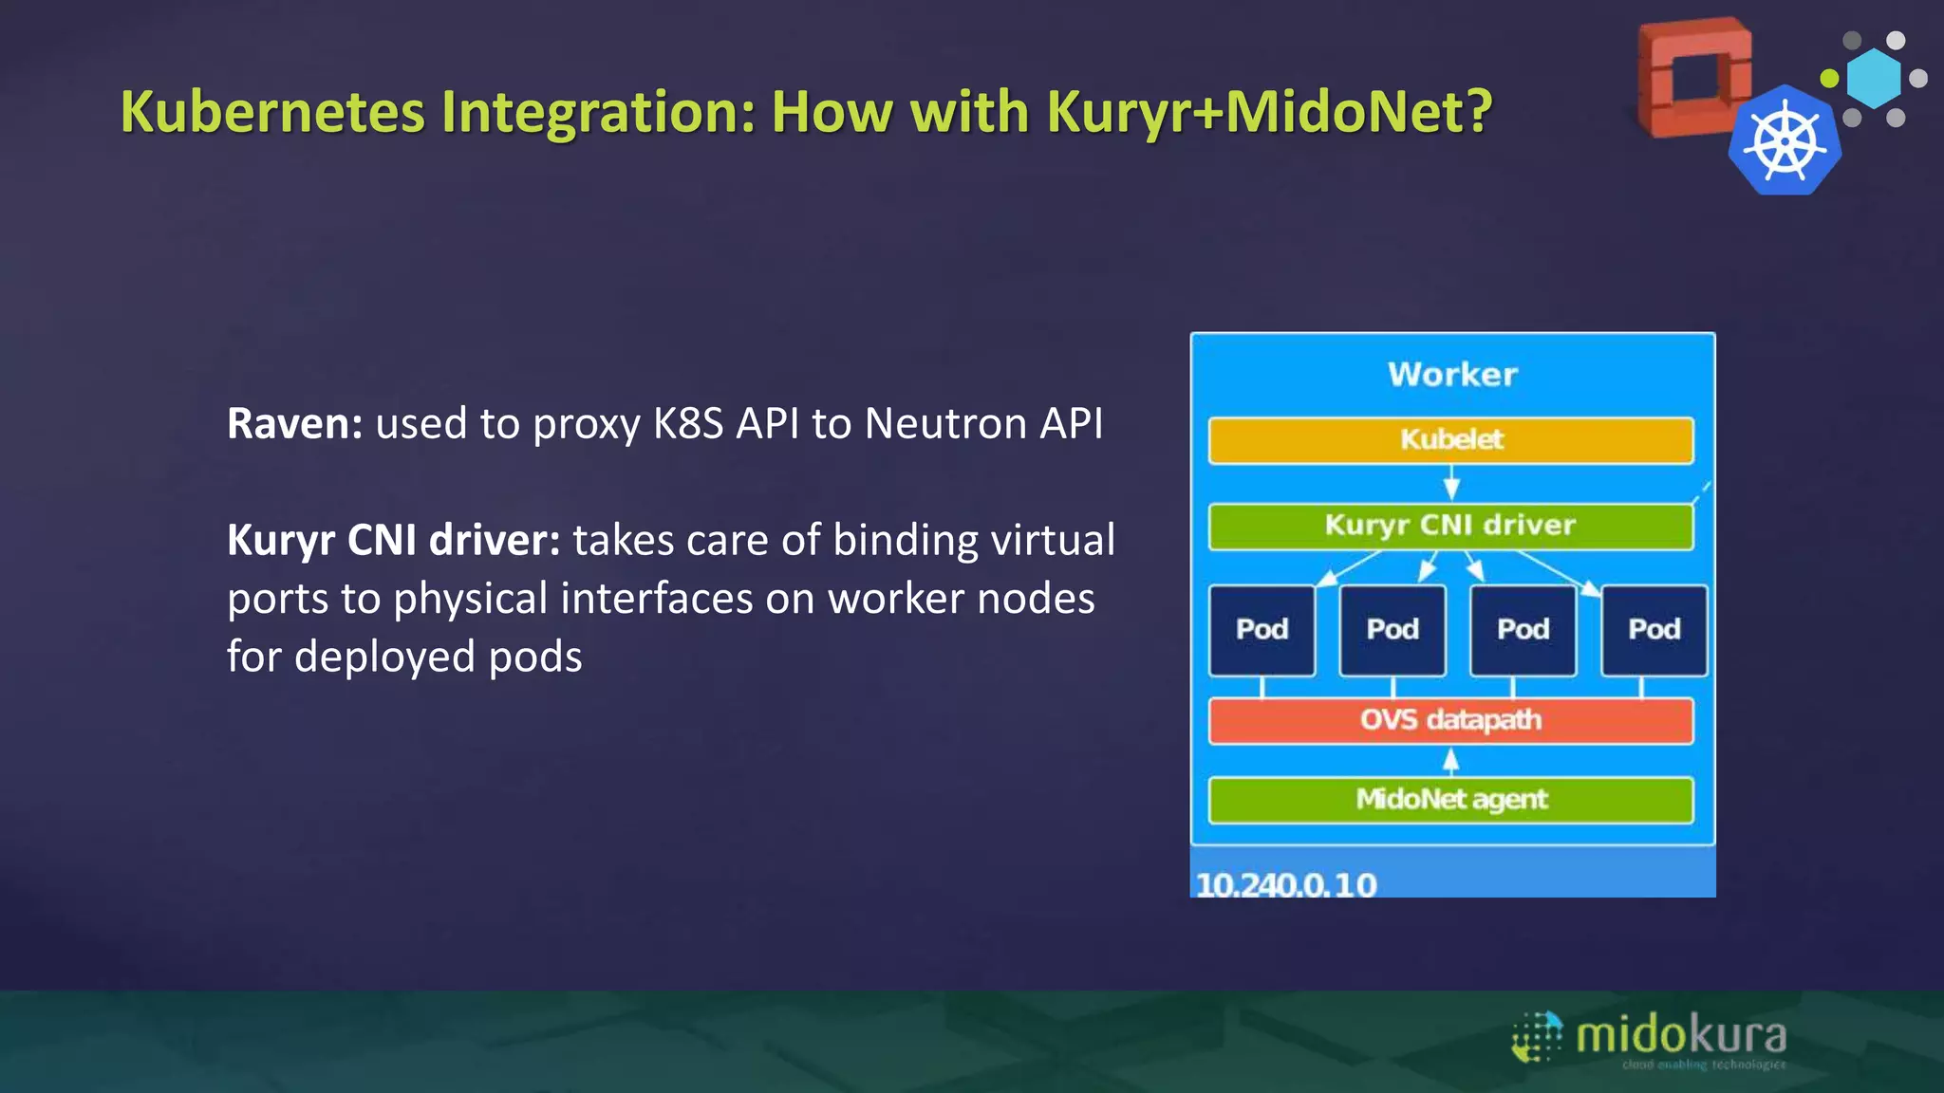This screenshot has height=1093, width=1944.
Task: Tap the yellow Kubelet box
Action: pos(1450,440)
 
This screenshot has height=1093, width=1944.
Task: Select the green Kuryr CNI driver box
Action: pos(1450,526)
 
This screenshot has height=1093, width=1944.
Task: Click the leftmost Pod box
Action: pos(1262,630)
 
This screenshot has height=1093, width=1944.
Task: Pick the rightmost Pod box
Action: pos(1654,630)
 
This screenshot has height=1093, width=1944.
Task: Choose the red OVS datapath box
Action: pos(1450,720)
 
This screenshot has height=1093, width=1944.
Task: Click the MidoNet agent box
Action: pos(1450,800)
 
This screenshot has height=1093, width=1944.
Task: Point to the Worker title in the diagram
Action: pos(1452,375)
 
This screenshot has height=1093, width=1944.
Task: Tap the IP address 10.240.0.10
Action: pos(1285,884)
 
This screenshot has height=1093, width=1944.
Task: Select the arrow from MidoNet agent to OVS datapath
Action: pos(1450,761)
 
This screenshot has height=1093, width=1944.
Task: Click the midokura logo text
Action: pos(1680,1034)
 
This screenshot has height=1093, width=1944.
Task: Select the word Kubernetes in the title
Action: pos(272,112)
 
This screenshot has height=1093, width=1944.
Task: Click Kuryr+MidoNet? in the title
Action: pos(1269,112)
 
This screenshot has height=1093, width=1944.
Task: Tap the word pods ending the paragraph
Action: pos(534,657)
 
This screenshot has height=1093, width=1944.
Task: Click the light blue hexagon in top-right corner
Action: pos(1875,79)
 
